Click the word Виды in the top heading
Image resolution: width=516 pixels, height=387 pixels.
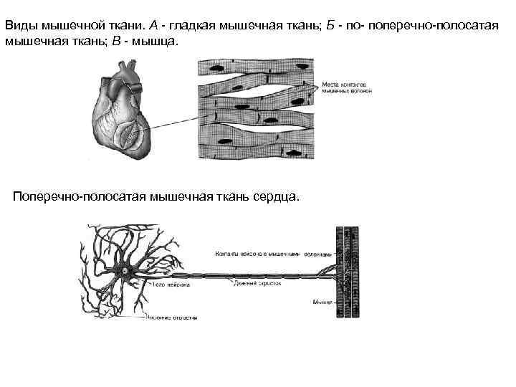click(x=20, y=24)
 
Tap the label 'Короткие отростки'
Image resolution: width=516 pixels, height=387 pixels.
click(x=171, y=316)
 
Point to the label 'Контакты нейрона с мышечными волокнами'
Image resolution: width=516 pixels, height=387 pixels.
click(x=273, y=254)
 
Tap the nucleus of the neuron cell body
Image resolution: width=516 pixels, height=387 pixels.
click(x=129, y=272)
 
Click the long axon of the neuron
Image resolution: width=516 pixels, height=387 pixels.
click(x=236, y=274)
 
